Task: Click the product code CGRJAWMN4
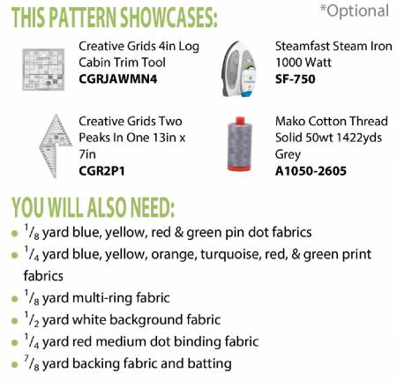[118, 78]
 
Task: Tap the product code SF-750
[296, 78]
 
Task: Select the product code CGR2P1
[101, 170]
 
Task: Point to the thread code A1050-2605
[311, 170]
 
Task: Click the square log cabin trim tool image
[43, 70]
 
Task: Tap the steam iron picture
[239, 69]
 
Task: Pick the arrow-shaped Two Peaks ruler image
[55, 146]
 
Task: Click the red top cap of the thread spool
[240, 120]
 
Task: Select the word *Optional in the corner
[355, 11]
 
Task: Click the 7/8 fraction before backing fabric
[32, 363]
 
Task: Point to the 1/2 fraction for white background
[32, 319]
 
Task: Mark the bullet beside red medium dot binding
[14, 343]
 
